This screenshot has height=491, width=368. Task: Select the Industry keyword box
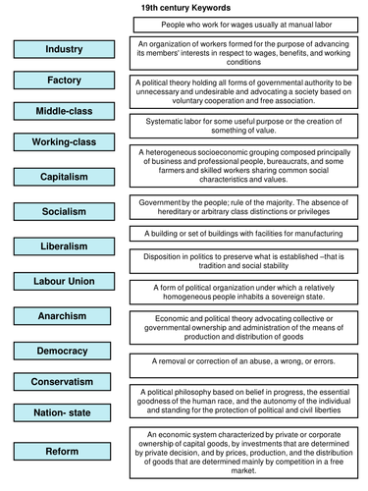[x=64, y=49]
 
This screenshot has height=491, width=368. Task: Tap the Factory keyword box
[x=64, y=80]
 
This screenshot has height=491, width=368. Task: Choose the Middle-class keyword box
[x=64, y=111]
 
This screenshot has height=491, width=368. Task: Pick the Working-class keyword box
[x=64, y=143]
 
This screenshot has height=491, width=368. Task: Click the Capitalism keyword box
[x=64, y=178]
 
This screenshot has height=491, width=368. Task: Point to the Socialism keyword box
[x=64, y=211]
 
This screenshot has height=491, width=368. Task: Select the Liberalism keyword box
[x=64, y=245]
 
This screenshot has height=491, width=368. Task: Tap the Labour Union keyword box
[x=64, y=280]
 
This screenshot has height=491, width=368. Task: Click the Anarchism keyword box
[x=64, y=315]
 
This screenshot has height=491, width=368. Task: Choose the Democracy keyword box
[x=64, y=350]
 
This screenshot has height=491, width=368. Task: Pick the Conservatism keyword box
[x=64, y=381]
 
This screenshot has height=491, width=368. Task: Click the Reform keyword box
[x=64, y=451]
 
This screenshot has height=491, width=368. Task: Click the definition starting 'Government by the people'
[x=245, y=205]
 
